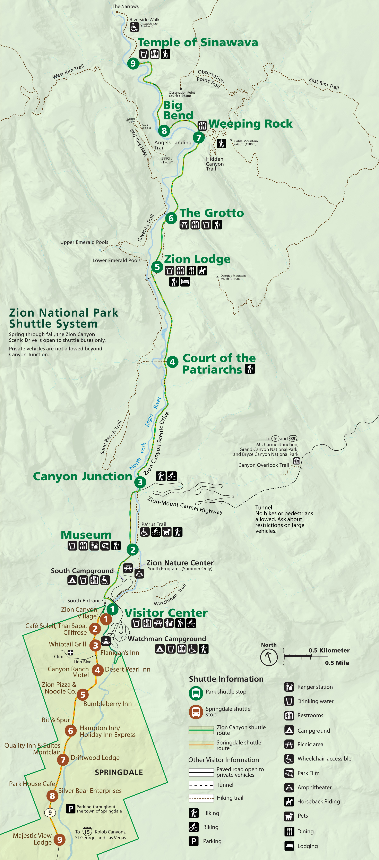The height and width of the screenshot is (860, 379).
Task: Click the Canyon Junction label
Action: [x=82, y=476]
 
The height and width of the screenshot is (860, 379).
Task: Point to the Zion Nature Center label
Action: [x=180, y=563]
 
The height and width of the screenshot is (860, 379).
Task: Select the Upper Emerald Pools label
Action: [x=84, y=242]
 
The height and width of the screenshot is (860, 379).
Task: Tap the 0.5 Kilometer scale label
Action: [x=329, y=650]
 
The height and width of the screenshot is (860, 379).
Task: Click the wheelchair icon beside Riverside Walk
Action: [x=134, y=27]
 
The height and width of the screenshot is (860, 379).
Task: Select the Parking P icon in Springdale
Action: [x=70, y=809]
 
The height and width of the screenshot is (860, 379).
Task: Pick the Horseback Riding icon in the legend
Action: [x=289, y=801]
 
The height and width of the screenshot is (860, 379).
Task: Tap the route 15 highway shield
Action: [x=87, y=831]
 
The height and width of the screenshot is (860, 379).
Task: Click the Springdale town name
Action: [x=119, y=772]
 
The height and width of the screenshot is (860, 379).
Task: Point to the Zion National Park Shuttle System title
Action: [x=63, y=318]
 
